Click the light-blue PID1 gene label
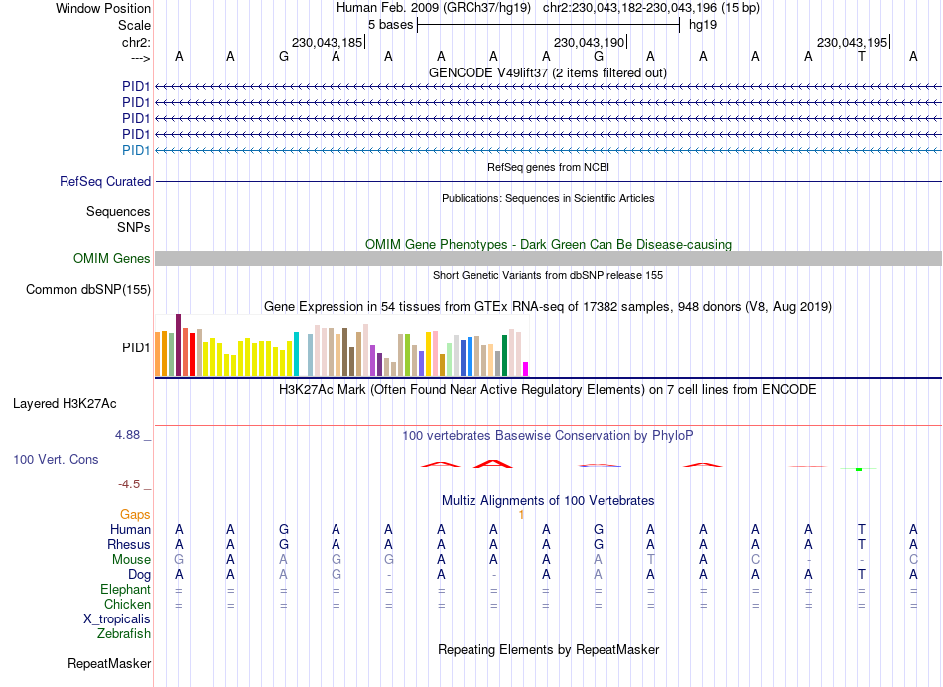pos(136,150)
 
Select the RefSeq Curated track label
pos(105,182)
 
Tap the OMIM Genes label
pos(112,259)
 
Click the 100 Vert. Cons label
pos(55,460)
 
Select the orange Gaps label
pos(136,514)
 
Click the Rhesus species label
pos(129,544)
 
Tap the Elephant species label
pos(126,590)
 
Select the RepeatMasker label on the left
pos(109,663)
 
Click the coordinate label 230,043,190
pos(590,43)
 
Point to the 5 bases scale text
pos(386,24)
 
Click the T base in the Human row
pos(862,529)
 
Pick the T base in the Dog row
pos(862,574)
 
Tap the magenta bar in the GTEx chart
pos(525,368)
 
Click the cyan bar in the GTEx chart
pos(297,353)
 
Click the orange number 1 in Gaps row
pos(521,514)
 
